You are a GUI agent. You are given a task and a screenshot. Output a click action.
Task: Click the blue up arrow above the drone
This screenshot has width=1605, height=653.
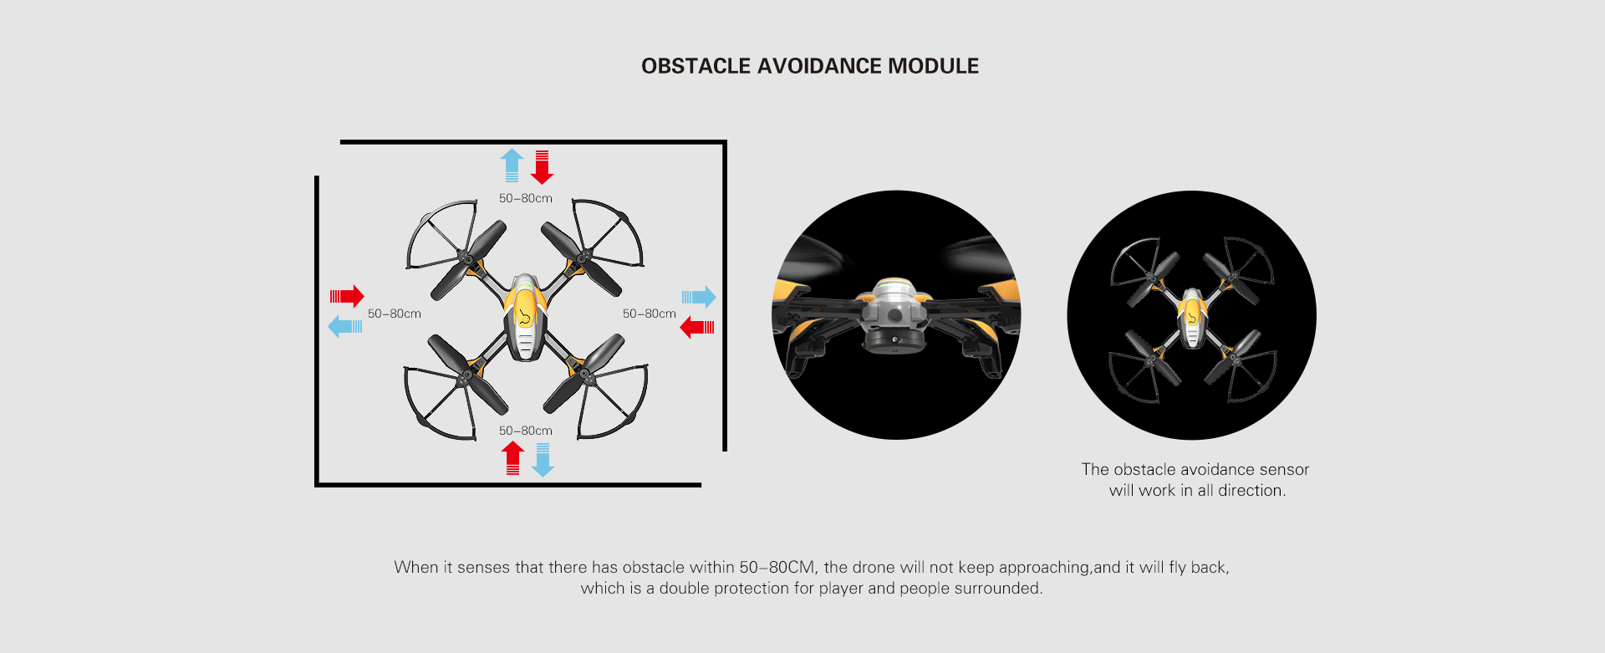[x=512, y=166]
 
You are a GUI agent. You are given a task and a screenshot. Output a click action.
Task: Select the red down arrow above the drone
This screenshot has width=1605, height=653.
[x=542, y=167]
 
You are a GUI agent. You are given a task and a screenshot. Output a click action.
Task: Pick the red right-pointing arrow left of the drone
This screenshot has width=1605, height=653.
[x=347, y=296]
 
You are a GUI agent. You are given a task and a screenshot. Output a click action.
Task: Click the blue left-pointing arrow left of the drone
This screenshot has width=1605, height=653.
[x=345, y=326]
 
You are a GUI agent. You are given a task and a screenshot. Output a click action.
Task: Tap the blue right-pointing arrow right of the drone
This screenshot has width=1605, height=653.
[x=699, y=297]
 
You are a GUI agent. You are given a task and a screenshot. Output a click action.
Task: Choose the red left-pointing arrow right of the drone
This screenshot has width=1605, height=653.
[x=697, y=327]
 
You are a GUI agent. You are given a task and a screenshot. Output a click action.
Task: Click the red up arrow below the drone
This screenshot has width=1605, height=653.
[x=512, y=458]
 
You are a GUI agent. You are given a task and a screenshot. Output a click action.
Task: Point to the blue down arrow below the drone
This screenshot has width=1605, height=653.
[x=543, y=460]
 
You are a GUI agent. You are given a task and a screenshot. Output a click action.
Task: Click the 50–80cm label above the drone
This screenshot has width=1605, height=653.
[x=526, y=198]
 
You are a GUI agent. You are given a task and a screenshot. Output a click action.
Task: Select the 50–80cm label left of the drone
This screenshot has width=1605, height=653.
[x=395, y=314]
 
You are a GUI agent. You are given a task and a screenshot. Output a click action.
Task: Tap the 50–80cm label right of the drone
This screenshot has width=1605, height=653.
[x=650, y=314]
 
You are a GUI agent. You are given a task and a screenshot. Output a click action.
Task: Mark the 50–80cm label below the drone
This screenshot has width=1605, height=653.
[x=526, y=431]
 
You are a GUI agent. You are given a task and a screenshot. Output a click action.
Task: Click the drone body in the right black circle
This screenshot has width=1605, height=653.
[x=1191, y=318]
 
